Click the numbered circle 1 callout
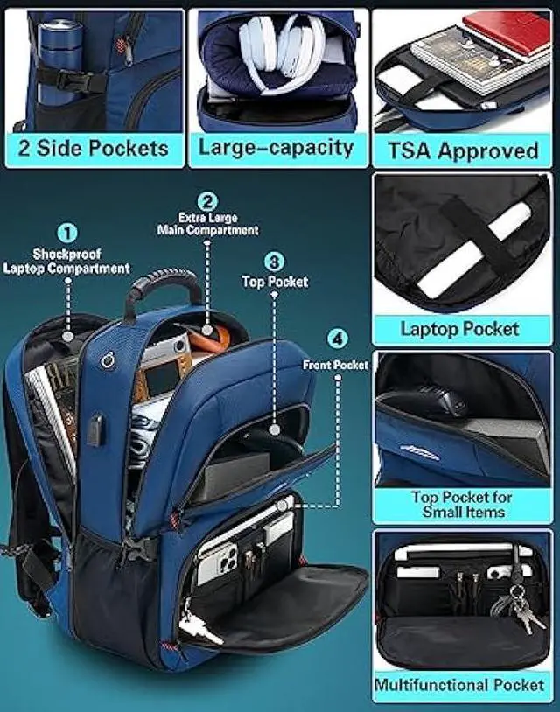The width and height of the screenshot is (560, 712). (68, 233)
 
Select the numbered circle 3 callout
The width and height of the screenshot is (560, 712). (274, 261)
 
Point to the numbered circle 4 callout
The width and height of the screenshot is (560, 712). (336, 339)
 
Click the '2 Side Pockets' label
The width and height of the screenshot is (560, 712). (93, 148)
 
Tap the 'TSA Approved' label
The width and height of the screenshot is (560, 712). (463, 150)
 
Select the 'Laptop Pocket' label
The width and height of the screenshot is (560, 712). (460, 329)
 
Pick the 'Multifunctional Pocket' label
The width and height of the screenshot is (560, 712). (460, 685)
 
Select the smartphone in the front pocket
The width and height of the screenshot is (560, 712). (216, 560)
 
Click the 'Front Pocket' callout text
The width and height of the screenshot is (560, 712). (336, 365)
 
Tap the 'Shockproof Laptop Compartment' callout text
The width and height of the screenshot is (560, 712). (66, 262)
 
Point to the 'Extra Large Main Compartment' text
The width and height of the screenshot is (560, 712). (207, 224)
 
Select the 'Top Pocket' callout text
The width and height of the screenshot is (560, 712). (275, 282)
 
